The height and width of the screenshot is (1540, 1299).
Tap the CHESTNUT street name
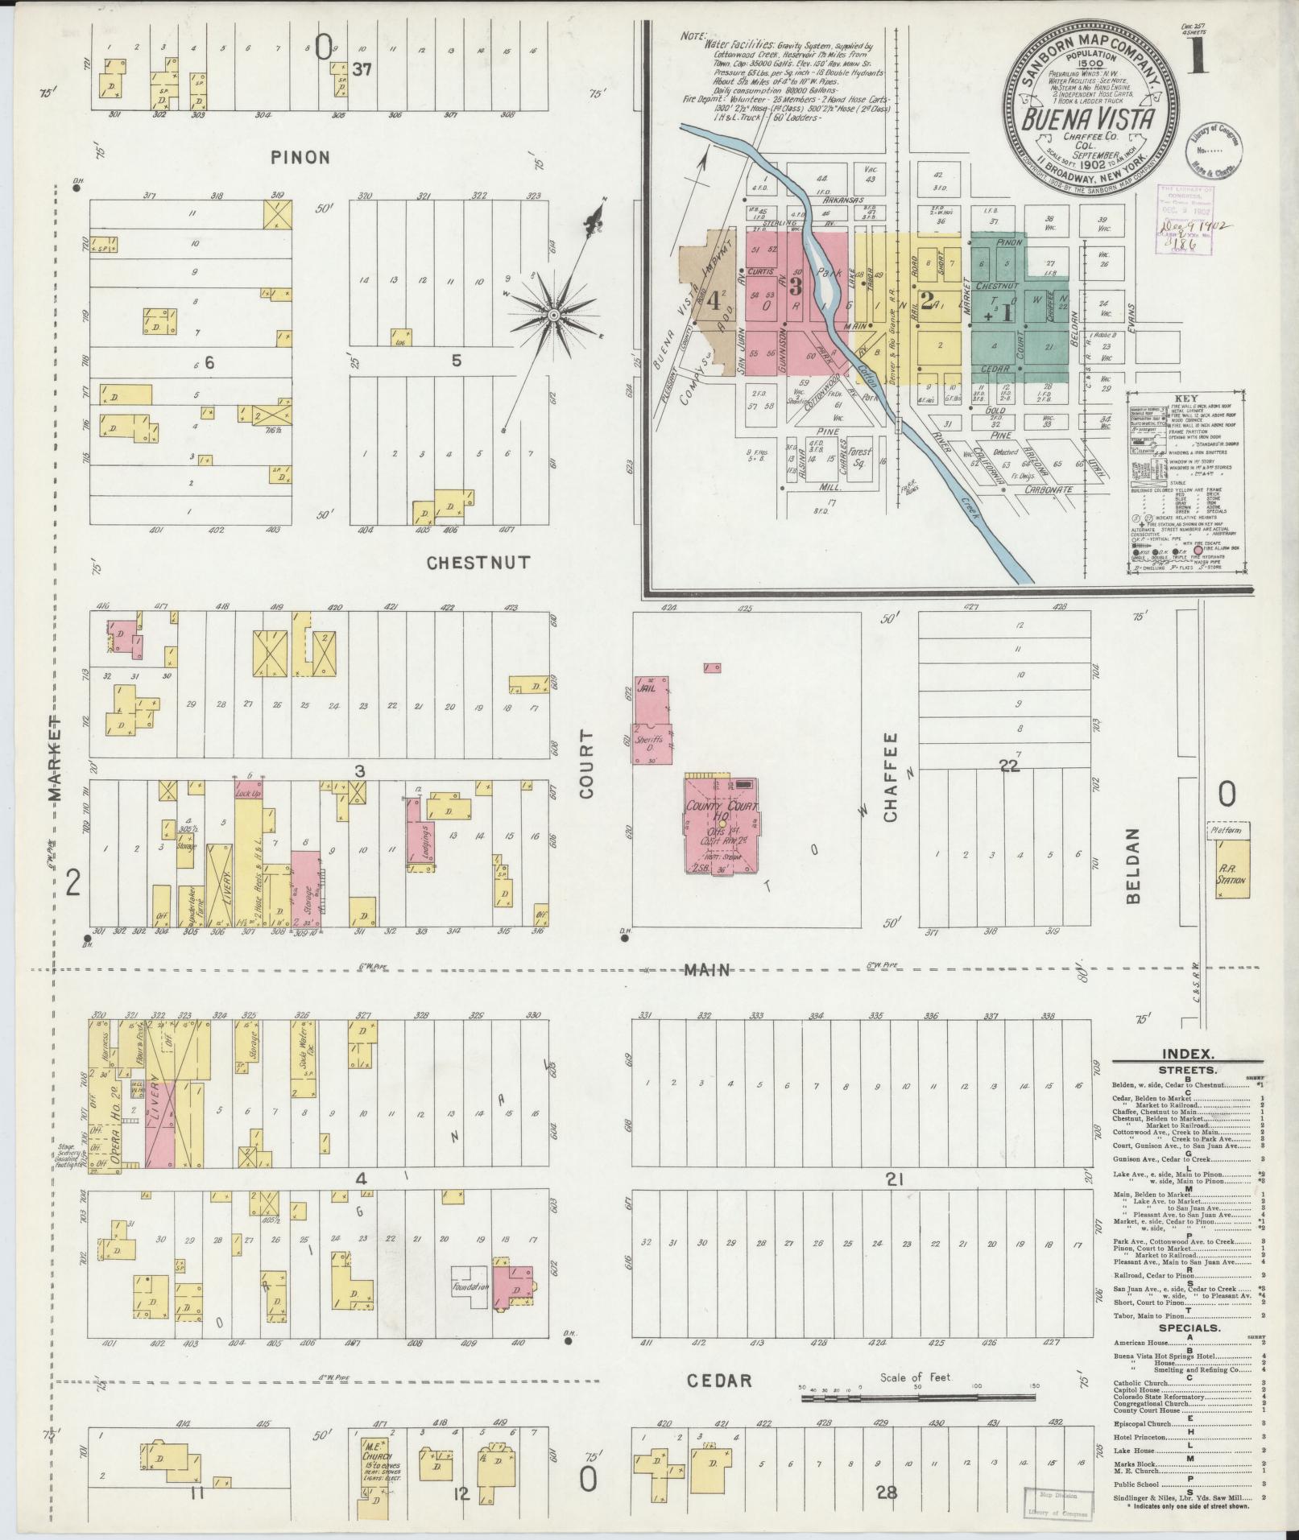point(478,563)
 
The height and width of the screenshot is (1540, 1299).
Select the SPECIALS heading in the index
point(1189,1327)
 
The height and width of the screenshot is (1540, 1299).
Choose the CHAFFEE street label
point(889,777)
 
